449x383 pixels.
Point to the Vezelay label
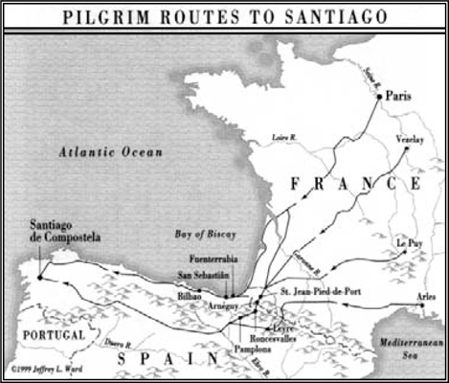[x=410, y=140]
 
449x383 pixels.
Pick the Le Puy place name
[x=410, y=244]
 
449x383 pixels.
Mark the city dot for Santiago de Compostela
[x=39, y=277]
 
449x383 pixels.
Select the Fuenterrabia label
[x=202, y=256]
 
